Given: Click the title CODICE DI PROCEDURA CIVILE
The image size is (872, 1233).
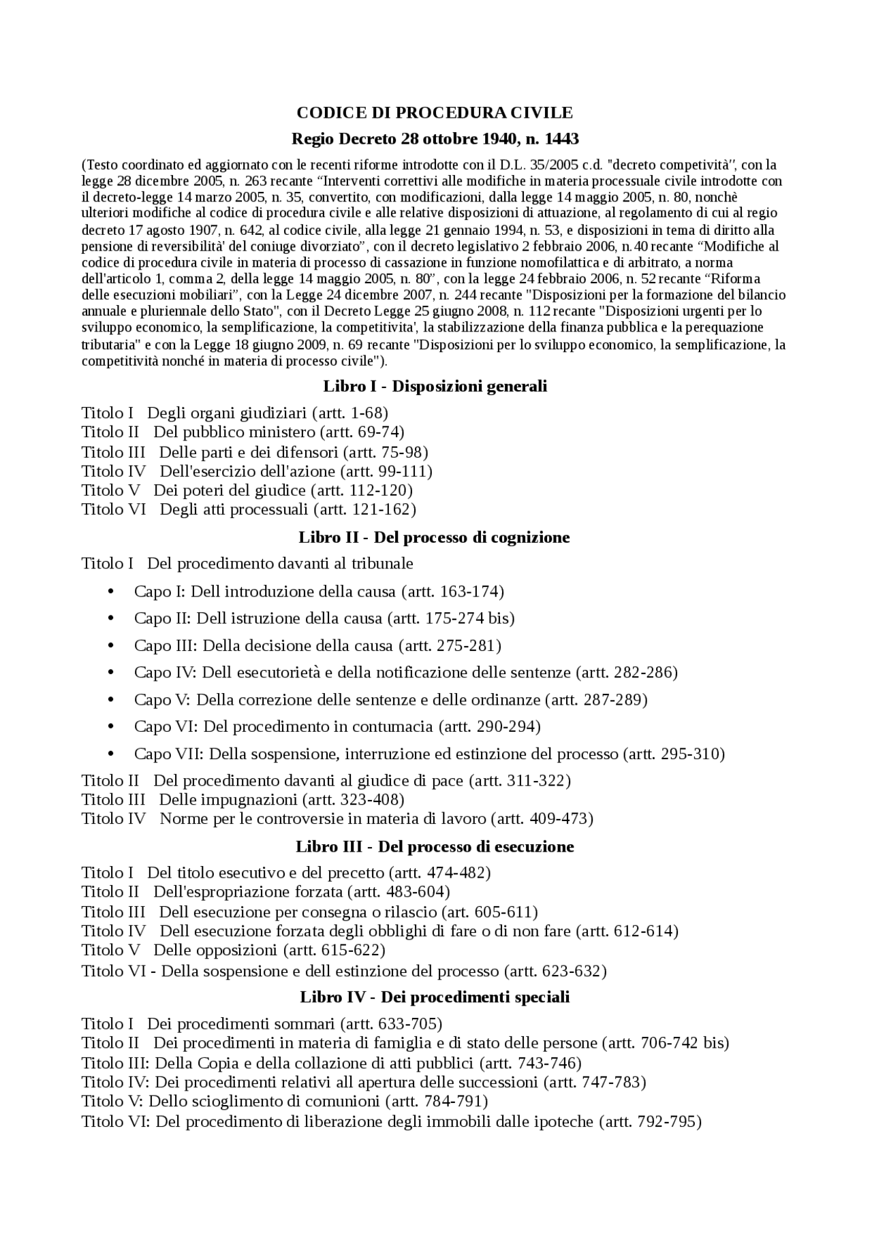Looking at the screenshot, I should pos(435,112).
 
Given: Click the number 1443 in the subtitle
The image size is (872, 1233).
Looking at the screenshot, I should pos(561,139).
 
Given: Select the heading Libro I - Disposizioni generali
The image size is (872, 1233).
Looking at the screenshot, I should pos(435,387).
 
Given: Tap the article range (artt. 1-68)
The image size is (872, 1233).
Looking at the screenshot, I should pos(350,413).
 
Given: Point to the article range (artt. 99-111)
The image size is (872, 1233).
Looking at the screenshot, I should pos(394,471).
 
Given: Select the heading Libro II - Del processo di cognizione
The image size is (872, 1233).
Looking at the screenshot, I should pos(434,537).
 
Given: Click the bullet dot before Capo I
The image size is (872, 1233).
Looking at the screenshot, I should pos(110,591).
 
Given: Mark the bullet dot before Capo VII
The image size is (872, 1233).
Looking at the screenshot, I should pos(110,754).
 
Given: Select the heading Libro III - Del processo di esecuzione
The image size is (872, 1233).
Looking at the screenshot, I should pos(435,846).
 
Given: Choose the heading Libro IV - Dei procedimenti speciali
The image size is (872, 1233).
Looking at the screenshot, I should pos(435,997).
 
